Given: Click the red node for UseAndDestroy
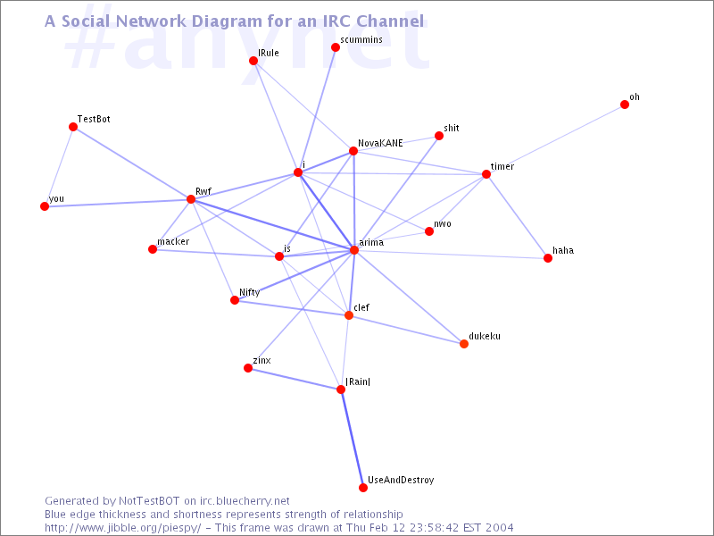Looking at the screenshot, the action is pyautogui.click(x=363, y=488).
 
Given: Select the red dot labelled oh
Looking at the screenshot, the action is pyautogui.click(x=625, y=105).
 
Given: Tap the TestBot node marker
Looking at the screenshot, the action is pyautogui.click(x=73, y=127).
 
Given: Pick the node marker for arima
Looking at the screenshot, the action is pyautogui.click(x=354, y=250).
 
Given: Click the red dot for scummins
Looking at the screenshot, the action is pyautogui.click(x=336, y=47).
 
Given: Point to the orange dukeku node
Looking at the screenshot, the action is pyautogui.click(x=464, y=344).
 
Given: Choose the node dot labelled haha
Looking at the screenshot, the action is pyautogui.click(x=548, y=258).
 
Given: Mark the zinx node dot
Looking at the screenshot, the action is pyautogui.click(x=248, y=368).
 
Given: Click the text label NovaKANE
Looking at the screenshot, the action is pyautogui.click(x=380, y=143).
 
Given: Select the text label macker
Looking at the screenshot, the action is pyautogui.click(x=173, y=241).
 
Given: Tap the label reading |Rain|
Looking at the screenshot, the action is pyautogui.click(x=358, y=381).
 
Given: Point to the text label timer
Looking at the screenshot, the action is pyautogui.click(x=502, y=166).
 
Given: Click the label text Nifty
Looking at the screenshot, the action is pyautogui.click(x=250, y=293).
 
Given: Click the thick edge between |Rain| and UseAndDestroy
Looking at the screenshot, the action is pyautogui.click(x=352, y=439).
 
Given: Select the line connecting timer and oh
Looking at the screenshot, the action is pyautogui.click(x=555, y=139).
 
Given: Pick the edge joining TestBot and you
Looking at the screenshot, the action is pyautogui.click(x=59, y=167).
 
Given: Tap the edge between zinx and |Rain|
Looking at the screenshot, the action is pyautogui.click(x=295, y=379).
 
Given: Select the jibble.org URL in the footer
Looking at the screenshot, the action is pyautogui.click(x=122, y=528).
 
